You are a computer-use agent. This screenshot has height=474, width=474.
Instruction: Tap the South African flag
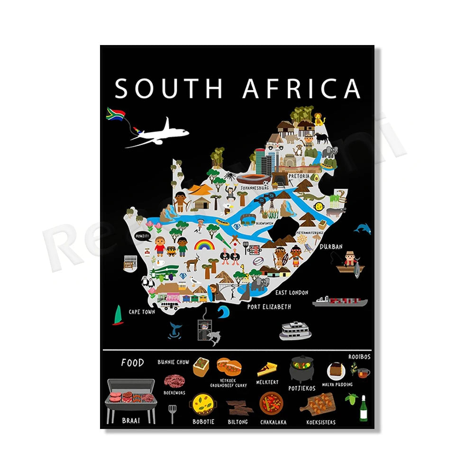point(115,114)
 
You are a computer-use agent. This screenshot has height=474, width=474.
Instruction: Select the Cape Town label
point(142,312)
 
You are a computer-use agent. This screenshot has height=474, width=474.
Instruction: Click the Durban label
point(331,246)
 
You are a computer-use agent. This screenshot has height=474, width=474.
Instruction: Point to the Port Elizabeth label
point(269,307)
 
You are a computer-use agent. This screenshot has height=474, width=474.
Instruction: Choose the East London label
point(292,292)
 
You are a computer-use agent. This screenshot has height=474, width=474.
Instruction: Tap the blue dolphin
point(362,228)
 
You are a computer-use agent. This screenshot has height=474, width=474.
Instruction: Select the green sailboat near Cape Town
point(118,315)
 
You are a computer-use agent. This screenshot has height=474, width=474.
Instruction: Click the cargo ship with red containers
point(340,301)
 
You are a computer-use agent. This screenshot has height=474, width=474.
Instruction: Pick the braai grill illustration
point(130,398)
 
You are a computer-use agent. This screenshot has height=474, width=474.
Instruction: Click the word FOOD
point(132,363)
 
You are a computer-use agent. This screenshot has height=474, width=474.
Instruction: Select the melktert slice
point(267,369)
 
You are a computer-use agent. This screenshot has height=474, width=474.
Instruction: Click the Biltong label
point(237,422)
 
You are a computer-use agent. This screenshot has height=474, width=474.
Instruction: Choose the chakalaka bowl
point(272,403)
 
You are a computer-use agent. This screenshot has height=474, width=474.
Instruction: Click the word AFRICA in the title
point(301,89)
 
